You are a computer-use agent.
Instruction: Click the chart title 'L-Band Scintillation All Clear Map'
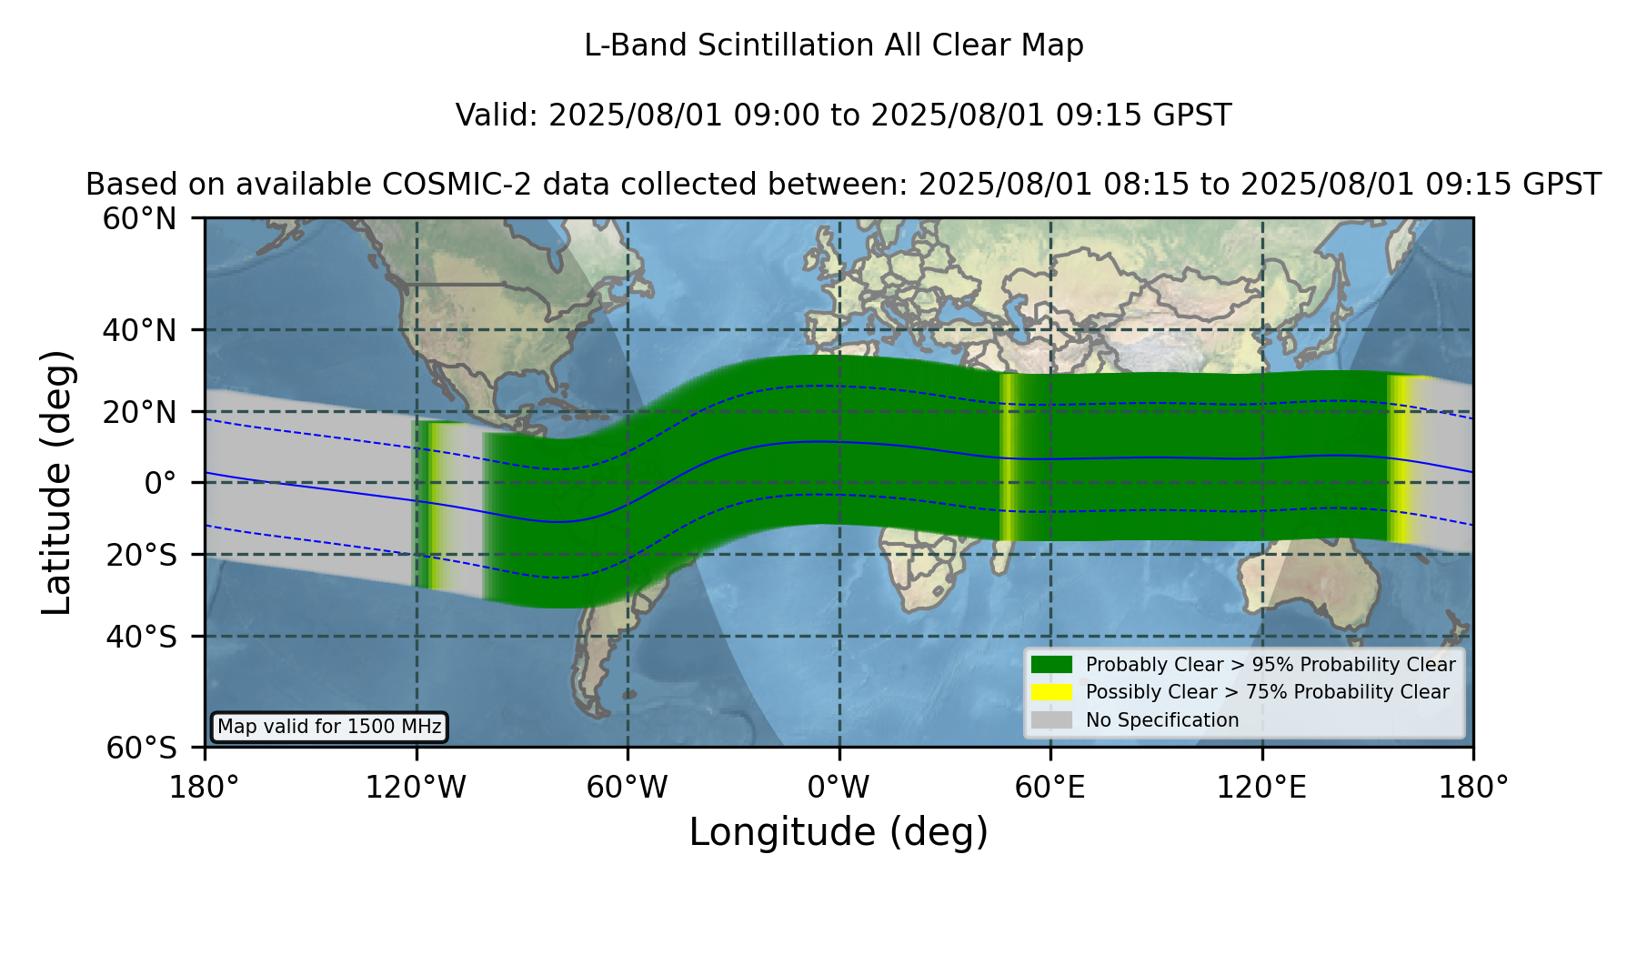tap(833, 45)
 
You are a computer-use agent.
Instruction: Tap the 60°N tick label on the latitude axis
tap(139, 219)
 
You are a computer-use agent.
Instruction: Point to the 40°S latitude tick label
tap(141, 637)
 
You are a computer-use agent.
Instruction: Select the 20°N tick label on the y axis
tap(139, 412)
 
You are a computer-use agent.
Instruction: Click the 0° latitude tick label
tap(160, 483)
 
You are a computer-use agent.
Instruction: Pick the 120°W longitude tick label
tap(416, 787)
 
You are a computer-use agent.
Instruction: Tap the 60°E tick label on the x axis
tap(1050, 787)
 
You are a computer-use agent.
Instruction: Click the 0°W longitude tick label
tap(839, 787)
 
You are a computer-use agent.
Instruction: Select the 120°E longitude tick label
tap(1261, 787)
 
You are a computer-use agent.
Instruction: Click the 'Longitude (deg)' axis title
tap(839, 832)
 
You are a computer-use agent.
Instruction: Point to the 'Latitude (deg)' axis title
tap(57, 482)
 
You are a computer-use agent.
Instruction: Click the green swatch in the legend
tap(1051, 664)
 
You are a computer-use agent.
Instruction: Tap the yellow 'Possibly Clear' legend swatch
tap(1051, 692)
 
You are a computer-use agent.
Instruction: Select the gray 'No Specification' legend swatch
tap(1051, 720)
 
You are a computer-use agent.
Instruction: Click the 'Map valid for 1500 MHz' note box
tap(329, 727)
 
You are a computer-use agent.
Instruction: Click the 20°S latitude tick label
tap(141, 555)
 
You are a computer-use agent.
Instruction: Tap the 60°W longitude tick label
tap(628, 787)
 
